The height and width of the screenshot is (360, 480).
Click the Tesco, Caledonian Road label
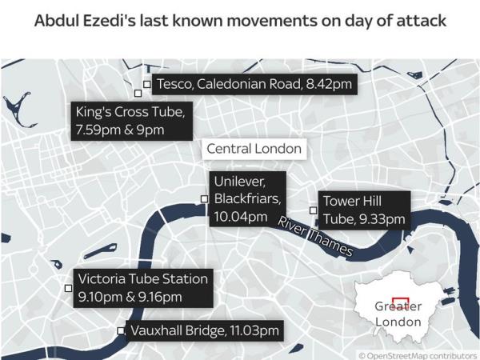(x=253, y=84)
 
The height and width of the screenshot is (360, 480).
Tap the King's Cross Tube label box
(x=132, y=121)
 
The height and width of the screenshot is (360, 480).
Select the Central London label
(x=254, y=149)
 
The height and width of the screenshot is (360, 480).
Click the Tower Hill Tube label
(x=362, y=210)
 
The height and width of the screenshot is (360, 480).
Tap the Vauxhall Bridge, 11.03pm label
(x=206, y=330)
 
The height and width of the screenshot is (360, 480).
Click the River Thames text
(x=315, y=237)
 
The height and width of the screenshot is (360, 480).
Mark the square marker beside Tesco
(x=146, y=83)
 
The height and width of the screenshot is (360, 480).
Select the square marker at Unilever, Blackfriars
(x=204, y=199)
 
